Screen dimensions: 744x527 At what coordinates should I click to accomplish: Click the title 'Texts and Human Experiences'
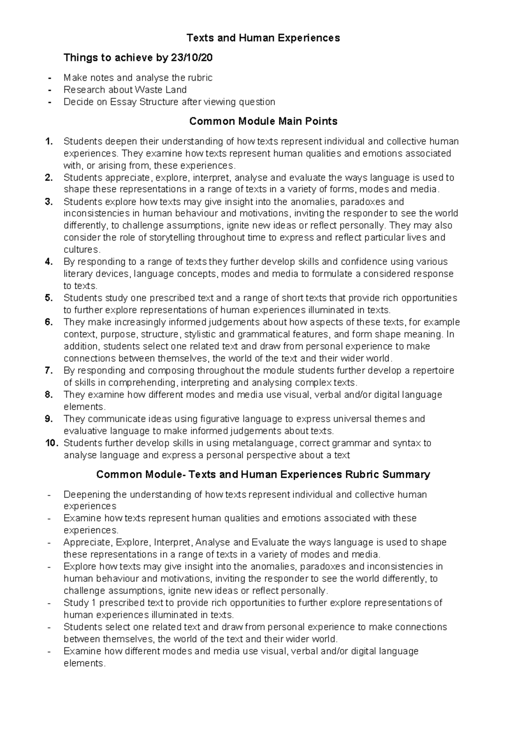(x=263, y=38)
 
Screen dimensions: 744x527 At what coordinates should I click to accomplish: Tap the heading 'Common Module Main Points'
(x=263, y=122)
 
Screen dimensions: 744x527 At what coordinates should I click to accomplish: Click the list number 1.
(x=49, y=142)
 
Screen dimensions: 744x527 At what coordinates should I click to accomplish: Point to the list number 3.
(x=49, y=202)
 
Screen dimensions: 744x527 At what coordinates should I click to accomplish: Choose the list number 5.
(x=49, y=298)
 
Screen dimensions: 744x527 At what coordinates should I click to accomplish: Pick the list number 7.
(x=49, y=371)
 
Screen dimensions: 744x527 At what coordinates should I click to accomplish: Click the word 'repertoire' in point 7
(x=433, y=371)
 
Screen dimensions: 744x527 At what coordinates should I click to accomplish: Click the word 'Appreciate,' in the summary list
(x=88, y=543)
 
